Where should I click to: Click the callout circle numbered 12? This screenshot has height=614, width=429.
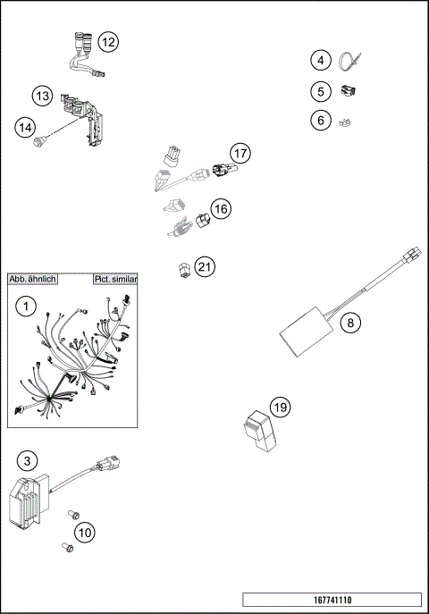[108, 42]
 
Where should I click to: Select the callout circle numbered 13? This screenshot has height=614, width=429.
[42, 95]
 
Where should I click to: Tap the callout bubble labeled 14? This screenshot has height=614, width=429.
[25, 128]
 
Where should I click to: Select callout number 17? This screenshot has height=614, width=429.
[239, 154]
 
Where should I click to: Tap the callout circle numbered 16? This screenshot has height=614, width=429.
[221, 209]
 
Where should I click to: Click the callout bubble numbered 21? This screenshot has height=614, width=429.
[206, 266]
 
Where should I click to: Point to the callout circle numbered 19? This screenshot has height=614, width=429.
[280, 408]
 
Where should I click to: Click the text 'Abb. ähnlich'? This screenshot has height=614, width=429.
[33, 280]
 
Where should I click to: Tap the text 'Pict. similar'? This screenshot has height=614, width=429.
[115, 280]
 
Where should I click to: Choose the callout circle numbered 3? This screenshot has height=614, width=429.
[28, 460]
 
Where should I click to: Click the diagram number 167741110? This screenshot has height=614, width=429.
[332, 600]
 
